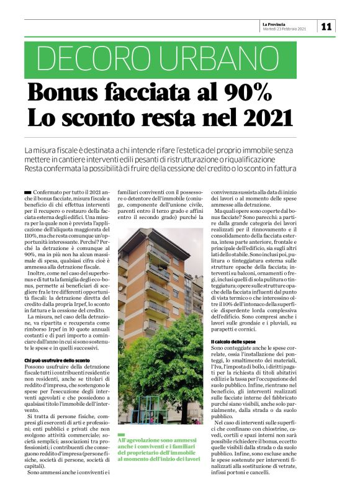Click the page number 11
(x=328, y=26)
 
